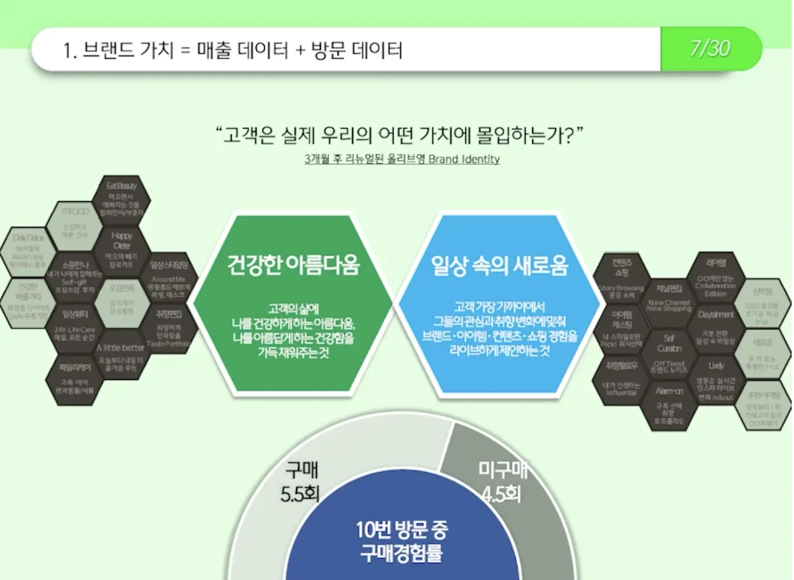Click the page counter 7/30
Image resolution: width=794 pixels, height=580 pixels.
(x=710, y=48)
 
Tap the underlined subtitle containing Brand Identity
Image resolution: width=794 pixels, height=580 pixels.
(x=402, y=159)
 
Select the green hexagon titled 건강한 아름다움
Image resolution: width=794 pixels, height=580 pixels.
(x=293, y=304)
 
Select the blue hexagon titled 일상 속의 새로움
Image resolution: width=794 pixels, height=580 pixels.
(x=499, y=304)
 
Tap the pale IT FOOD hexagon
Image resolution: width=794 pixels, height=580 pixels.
(x=75, y=223)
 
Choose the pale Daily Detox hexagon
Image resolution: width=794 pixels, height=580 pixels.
(x=28, y=250)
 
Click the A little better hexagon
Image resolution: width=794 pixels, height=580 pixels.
(x=121, y=356)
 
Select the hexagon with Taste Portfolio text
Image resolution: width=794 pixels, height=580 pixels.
(x=168, y=328)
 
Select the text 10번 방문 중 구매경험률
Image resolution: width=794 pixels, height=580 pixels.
(x=401, y=541)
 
